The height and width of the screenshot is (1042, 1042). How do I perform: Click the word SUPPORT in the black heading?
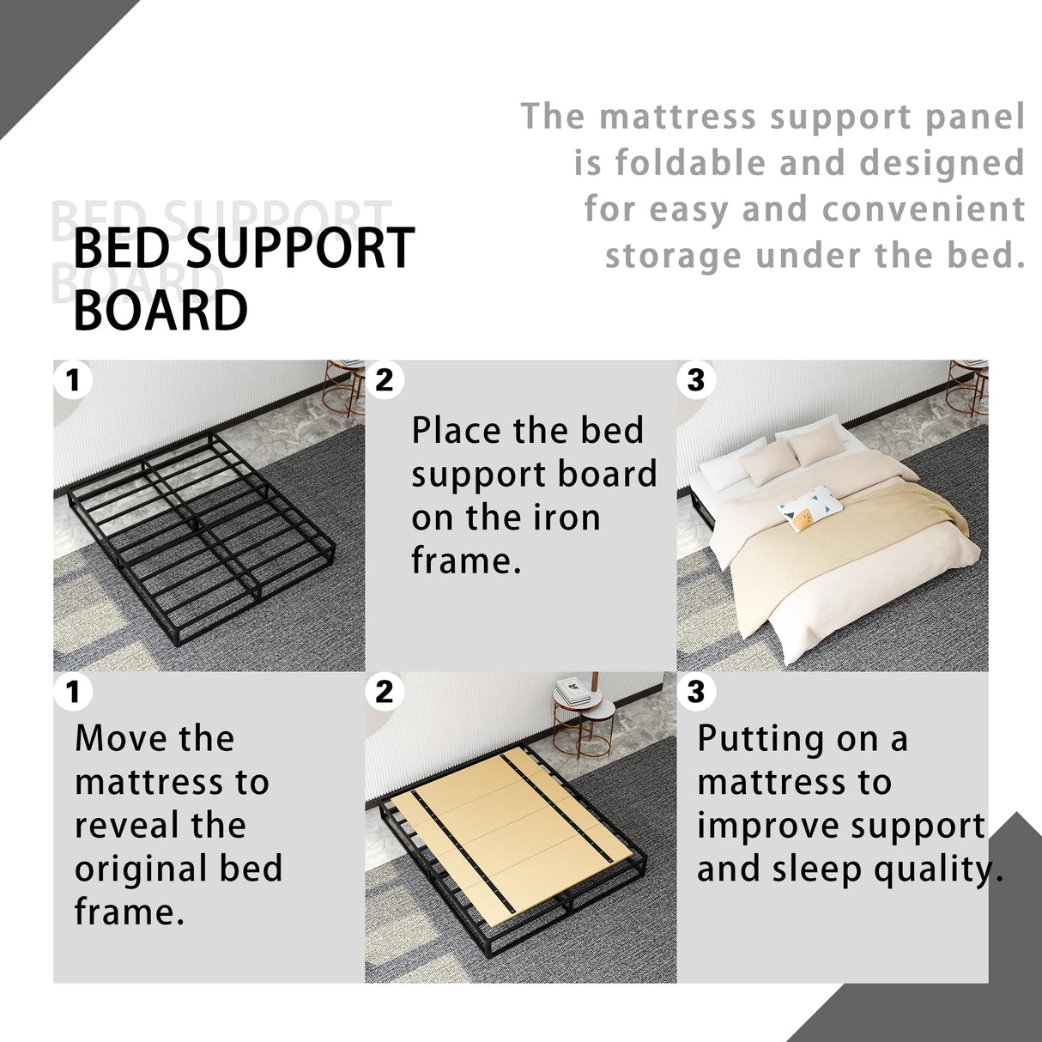300,249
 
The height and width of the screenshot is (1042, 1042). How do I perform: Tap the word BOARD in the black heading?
161,310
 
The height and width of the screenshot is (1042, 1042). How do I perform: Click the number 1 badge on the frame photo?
73,379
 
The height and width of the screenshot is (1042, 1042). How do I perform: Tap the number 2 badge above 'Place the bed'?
385,379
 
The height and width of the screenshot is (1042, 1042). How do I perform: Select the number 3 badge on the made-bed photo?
696,379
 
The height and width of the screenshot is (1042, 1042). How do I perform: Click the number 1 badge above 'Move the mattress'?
73,691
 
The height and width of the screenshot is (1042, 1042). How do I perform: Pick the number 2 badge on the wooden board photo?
385,691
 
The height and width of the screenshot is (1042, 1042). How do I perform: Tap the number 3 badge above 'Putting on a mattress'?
696,691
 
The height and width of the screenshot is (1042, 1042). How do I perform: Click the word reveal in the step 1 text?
160,825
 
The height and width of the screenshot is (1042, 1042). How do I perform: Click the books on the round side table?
572,689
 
